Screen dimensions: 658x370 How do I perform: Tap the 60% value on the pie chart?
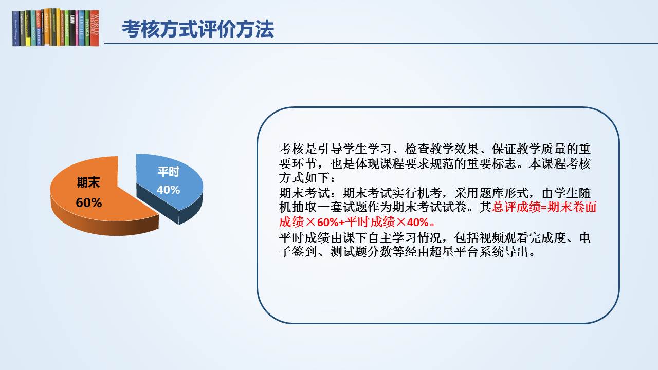pyautogui.click(x=89, y=202)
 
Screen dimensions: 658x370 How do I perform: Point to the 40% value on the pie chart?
pyautogui.click(x=168, y=190)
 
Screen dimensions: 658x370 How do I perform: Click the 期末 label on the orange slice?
pyautogui.click(x=88, y=182)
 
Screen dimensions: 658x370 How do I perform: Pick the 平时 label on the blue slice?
pyautogui.click(x=168, y=172)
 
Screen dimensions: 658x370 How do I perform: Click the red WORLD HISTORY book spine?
pyautogui.click(x=94, y=28)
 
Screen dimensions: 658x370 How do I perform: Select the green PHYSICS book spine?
pyautogui.click(x=87, y=28)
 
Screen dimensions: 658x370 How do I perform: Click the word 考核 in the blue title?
pyautogui.click(x=141, y=29)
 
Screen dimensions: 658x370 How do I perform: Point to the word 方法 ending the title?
pyautogui.click(x=255, y=29)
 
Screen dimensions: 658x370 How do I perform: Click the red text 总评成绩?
pyautogui.click(x=516, y=207)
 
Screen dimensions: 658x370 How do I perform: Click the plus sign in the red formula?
pyautogui.click(x=342, y=223)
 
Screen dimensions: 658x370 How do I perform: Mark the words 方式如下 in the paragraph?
pyautogui.click(x=304, y=178)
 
